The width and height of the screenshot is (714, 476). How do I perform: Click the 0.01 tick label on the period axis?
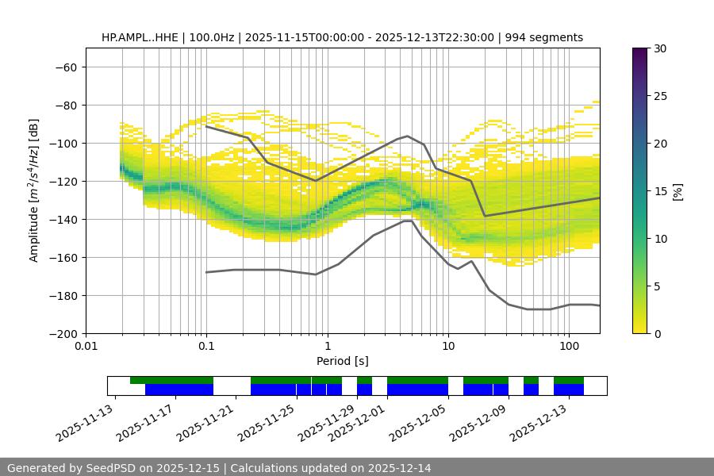pyautogui.click(x=86, y=347)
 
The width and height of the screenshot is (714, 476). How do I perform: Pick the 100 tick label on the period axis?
pyautogui.click(x=568, y=347)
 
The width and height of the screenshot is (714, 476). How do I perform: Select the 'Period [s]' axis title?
pyautogui.click(x=343, y=361)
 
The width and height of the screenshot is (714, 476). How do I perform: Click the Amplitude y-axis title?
pyautogui.click(x=34, y=190)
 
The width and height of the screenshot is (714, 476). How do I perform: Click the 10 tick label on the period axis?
pyautogui.click(x=447, y=347)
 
